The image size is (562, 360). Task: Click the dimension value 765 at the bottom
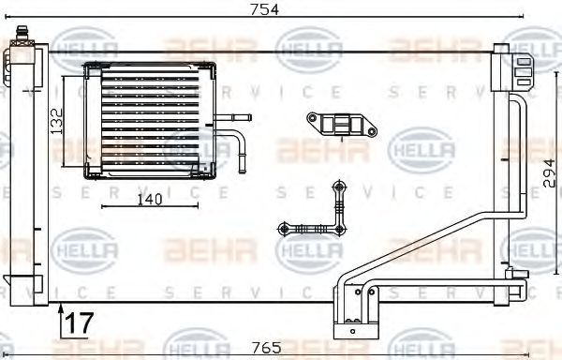(266, 348)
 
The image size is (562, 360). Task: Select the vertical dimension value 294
(549, 173)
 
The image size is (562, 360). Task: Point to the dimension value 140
(150, 200)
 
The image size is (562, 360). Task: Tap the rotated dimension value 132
(56, 121)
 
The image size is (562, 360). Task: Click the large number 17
(80, 322)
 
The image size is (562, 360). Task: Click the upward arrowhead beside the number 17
(61, 308)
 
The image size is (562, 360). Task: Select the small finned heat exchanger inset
(150, 121)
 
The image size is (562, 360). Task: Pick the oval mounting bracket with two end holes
(342, 125)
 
